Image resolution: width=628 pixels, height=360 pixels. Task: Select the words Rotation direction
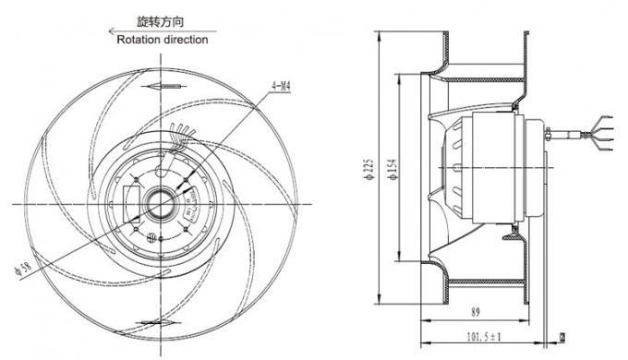[x=163, y=40]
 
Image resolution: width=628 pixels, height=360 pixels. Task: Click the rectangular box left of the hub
[x=127, y=200]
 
